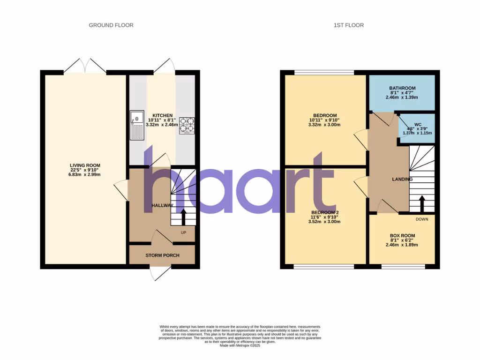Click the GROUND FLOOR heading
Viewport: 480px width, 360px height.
pyautogui.click(x=111, y=25)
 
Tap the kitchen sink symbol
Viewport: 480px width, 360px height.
pyautogui.click(x=136, y=125)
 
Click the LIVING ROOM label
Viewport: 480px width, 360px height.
pyautogui.click(x=85, y=165)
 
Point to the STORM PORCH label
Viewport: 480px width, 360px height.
pyautogui.click(x=162, y=255)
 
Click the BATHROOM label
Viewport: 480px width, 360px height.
pyautogui.click(x=402, y=88)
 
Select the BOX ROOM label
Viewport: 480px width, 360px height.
pyautogui.click(x=402, y=236)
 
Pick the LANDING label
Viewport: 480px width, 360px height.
pyautogui.click(x=402, y=179)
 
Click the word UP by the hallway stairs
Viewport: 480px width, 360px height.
pyautogui.click(x=184, y=232)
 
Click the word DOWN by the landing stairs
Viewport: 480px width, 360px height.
pyautogui.click(x=421, y=219)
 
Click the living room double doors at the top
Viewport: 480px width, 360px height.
pyautogui.click(x=85, y=66)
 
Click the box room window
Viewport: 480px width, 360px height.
pyautogui.click(x=403, y=266)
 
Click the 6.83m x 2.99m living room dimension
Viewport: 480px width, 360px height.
pyautogui.click(x=85, y=175)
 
